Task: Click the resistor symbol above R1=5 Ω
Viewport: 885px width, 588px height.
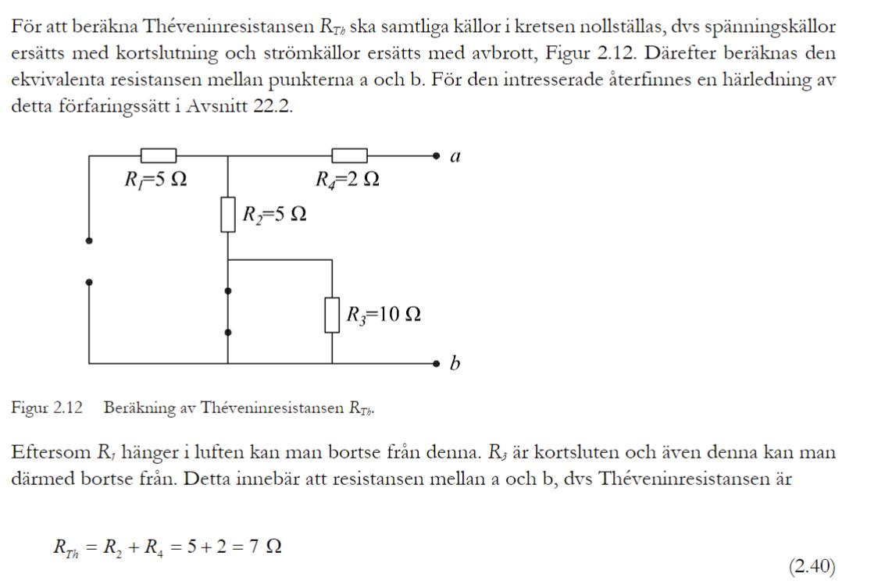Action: click(x=158, y=156)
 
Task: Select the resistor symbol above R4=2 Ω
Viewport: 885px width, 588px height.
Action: click(x=349, y=156)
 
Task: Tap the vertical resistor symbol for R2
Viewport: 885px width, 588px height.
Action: click(x=228, y=215)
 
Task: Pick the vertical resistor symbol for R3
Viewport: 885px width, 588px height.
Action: click(x=332, y=315)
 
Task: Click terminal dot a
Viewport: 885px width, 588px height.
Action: click(x=438, y=156)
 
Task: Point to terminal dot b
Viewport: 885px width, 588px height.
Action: click(x=438, y=363)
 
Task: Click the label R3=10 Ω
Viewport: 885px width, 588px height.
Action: click(x=384, y=315)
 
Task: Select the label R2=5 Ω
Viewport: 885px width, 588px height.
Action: click(x=273, y=214)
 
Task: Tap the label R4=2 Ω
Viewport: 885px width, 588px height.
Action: click(x=348, y=180)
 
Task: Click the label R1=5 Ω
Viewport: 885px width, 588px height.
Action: click(x=155, y=180)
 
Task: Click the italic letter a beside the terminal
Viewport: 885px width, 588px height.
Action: click(x=456, y=156)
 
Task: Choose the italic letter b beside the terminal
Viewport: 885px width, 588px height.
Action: click(x=455, y=363)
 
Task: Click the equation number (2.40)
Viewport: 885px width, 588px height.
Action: click(x=812, y=566)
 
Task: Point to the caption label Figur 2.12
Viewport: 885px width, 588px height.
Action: click(x=46, y=408)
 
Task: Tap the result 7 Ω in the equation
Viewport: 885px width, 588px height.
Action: click(x=266, y=547)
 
